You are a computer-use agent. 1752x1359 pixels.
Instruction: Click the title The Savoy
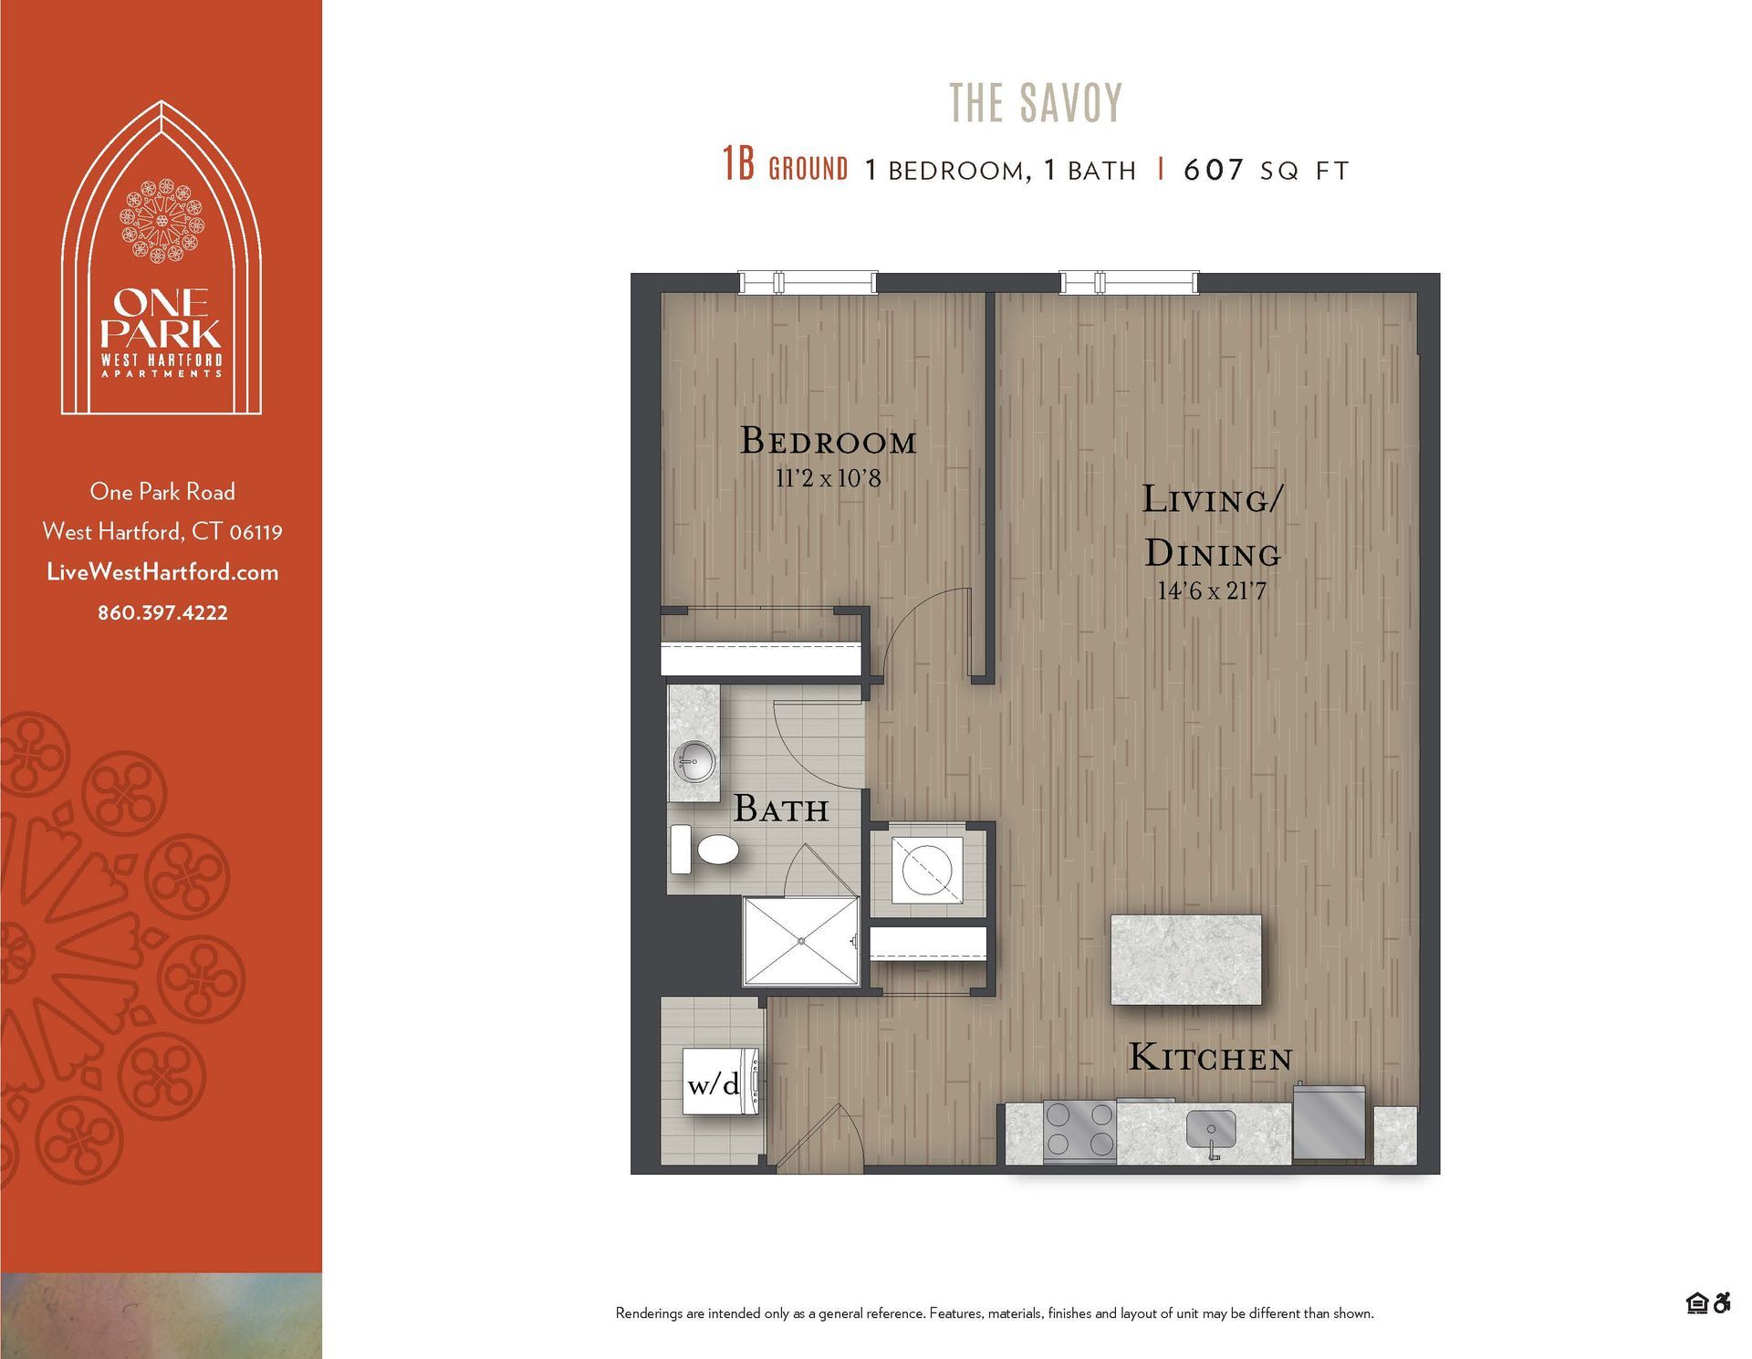click(1036, 102)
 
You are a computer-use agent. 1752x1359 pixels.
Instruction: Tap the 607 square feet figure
click(1214, 170)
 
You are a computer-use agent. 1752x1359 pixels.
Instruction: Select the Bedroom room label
click(828, 441)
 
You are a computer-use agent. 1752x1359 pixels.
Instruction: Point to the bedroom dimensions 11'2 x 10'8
click(828, 478)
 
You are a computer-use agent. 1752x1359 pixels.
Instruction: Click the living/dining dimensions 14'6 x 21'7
click(1212, 591)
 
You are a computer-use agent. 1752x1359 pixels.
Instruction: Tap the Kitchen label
click(1211, 1058)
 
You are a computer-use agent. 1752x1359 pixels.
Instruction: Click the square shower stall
click(801, 941)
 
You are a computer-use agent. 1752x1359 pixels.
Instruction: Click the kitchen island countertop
click(1185, 959)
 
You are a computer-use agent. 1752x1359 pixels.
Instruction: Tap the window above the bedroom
click(807, 282)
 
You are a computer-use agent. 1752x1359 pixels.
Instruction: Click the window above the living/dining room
click(1128, 282)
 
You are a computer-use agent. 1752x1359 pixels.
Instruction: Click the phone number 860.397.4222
click(162, 612)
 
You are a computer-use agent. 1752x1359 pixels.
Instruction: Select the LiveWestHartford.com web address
click(162, 572)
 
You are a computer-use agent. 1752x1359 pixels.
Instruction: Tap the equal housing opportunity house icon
click(1696, 1303)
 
